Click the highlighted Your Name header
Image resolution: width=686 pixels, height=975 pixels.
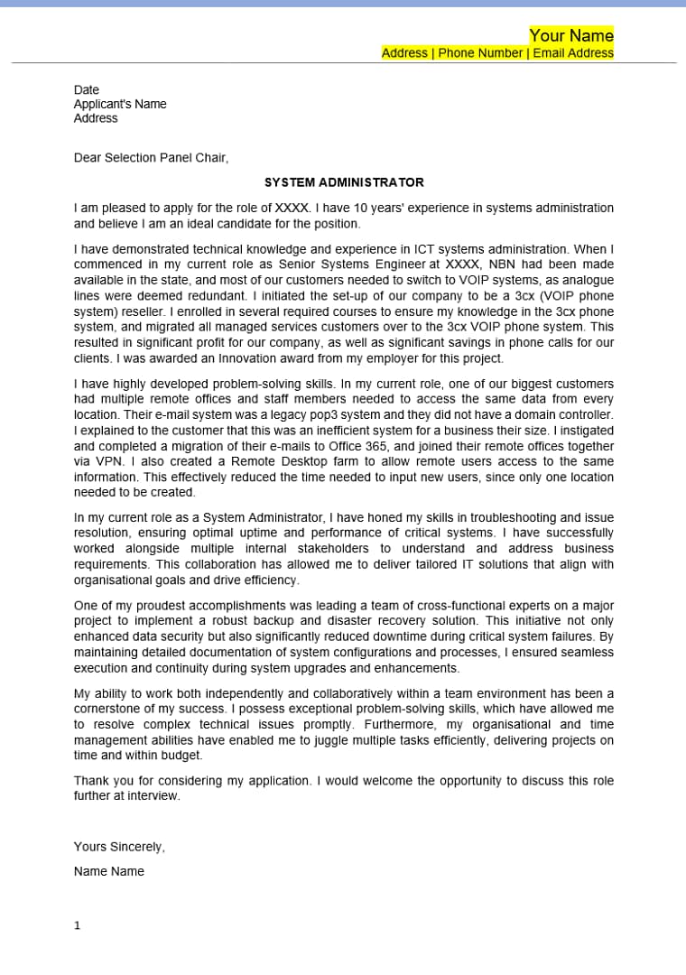point(571,35)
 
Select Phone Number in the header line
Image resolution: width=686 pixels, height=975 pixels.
point(480,53)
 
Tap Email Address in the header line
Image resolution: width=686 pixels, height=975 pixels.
point(573,53)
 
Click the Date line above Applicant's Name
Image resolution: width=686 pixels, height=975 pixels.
point(87,90)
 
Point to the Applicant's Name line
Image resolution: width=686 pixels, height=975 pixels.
point(120,104)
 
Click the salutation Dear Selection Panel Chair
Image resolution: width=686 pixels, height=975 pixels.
point(151,158)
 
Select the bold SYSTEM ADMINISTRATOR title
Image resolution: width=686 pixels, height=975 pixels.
point(344,182)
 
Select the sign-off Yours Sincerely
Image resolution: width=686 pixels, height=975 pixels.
point(119,848)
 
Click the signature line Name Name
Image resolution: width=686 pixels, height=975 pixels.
point(109,872)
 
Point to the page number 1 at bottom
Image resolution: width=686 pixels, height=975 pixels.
point(77,926)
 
